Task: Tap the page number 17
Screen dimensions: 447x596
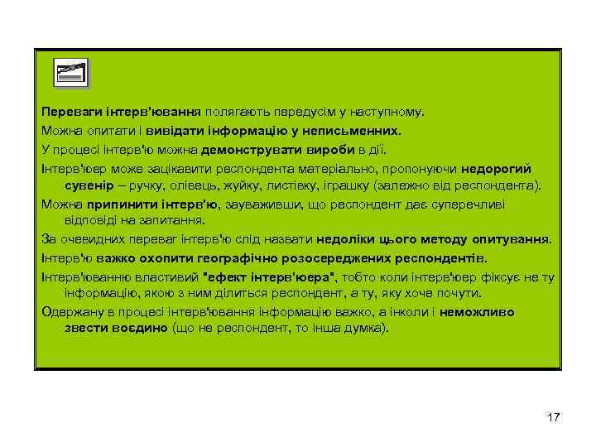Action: point(554,417)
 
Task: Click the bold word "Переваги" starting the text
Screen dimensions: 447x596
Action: point(68,111)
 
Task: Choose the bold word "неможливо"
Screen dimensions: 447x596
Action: point(476,312)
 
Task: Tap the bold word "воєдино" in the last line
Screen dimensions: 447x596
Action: point(138,328)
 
